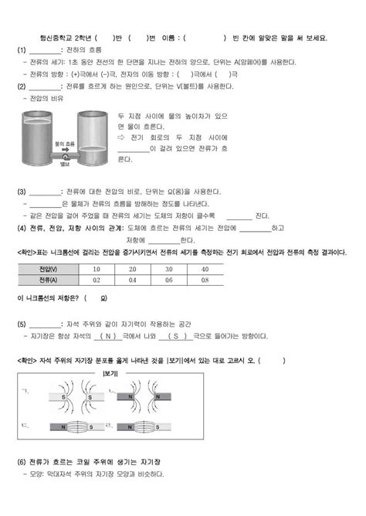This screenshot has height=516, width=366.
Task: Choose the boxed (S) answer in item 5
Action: tap(176, 336)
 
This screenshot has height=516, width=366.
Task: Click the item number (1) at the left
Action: tap(22, 50)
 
